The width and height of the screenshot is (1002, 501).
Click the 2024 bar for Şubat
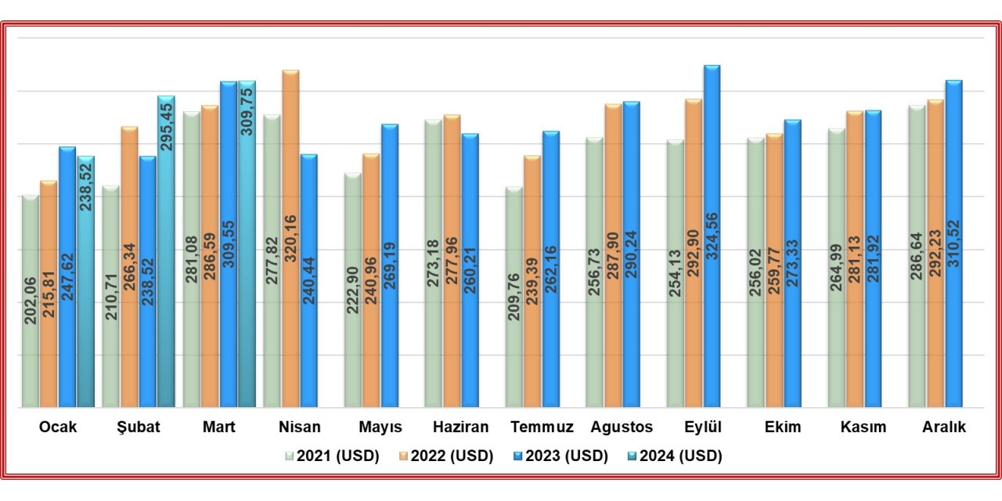(166, 250)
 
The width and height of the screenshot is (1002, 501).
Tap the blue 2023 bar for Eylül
(712, 235)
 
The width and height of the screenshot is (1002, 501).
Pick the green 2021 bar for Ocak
(30, 301)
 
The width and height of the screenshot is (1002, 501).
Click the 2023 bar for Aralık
(953, 243)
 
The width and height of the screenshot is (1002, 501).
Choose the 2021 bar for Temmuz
(514, 297)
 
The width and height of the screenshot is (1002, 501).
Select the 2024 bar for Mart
(247, 243)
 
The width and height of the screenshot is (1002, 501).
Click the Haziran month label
(460, 427)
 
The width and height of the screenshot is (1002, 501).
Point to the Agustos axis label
(622, 427)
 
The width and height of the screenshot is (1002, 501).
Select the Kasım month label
(863, 427)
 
